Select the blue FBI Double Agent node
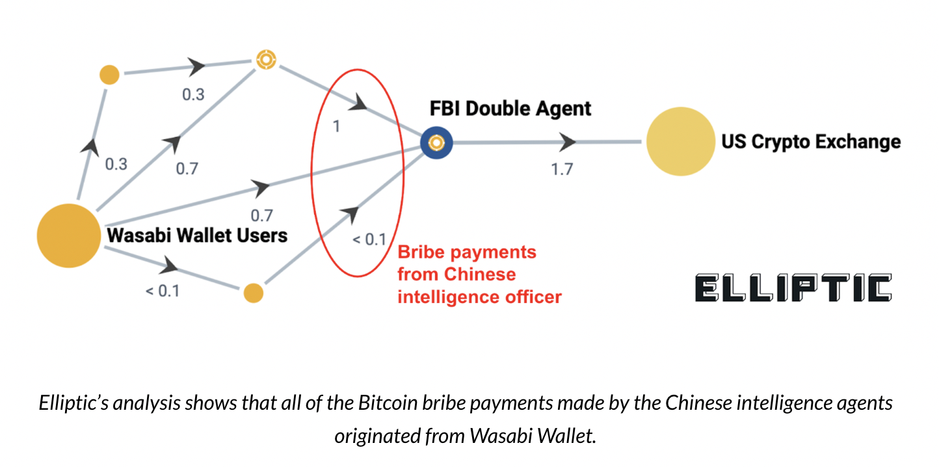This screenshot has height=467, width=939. click(436, 142)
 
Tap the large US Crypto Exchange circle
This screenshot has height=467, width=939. click(679, 142)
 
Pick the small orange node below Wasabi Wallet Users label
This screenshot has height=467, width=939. click(253, 293)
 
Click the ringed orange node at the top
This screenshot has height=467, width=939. click(265, 60)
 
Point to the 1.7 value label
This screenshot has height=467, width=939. click(562, 169)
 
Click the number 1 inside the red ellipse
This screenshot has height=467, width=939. click(336, 126)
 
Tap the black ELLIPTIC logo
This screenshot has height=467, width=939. click(793, 288)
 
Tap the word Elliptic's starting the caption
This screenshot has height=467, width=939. click(72, 403)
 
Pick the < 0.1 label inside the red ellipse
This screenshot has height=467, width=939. click(369, 239)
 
